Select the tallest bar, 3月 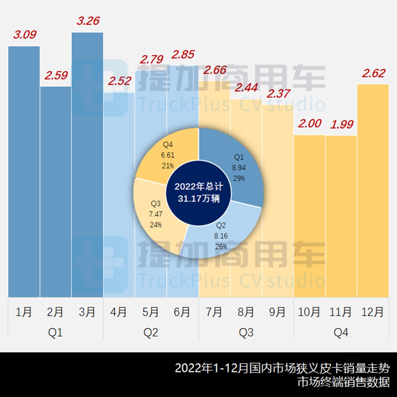[87, 163]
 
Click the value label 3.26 [88, 21]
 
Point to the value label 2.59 [56, 75]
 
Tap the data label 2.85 [183, 54]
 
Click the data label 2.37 [278, 93]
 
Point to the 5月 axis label [151, 312]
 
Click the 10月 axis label [309, 312]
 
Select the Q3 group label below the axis [246, 333]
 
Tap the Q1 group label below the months [55, 333]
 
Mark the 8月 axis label [246, 312]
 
